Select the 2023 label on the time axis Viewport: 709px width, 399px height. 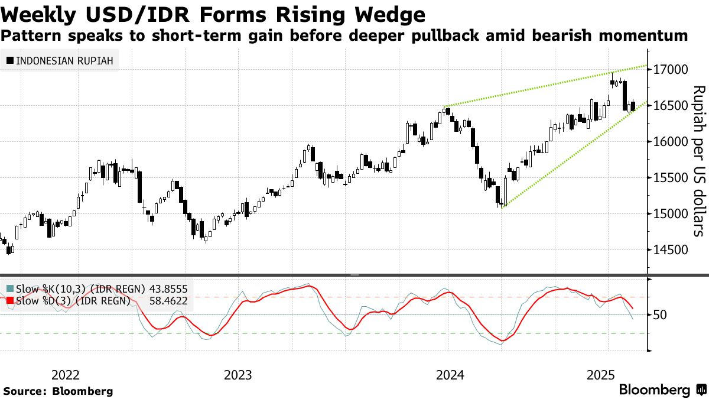tap(238, 375)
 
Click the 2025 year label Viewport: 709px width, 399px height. tap(601, 375)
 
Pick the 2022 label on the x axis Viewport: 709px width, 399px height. tap(66, 375)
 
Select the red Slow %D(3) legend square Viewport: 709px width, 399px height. tap(10, 300)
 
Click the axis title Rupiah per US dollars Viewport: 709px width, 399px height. tap(698, 161)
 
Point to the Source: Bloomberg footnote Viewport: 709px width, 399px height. tap(58, 391)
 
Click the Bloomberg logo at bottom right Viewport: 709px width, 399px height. tap(662, 390)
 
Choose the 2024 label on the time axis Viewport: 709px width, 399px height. tap(449, 375)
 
